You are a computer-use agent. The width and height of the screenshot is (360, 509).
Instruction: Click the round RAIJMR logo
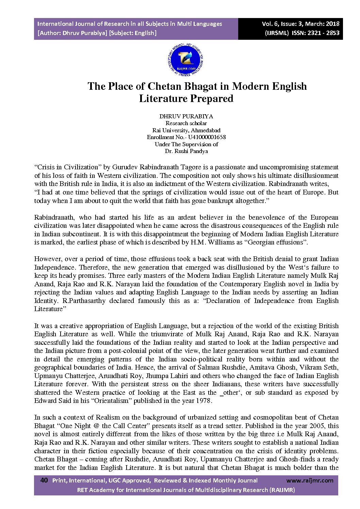(x=186, y=61)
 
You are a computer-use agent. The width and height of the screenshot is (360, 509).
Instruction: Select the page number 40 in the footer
(x=44, y=480)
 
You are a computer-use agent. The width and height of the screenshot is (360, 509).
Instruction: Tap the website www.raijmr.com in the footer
(x=310, y=480)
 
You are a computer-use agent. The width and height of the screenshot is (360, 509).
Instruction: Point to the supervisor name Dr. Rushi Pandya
(x=186, y=151)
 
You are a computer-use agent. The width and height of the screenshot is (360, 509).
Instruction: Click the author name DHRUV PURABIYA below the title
(x=186, y=116)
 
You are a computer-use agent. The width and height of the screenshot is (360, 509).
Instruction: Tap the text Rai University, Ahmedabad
(x=186, y=130)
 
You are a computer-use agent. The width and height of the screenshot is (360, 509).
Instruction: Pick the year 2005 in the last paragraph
(x=316, y=426)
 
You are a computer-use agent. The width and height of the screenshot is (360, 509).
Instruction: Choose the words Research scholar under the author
(x=186, y=123)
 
